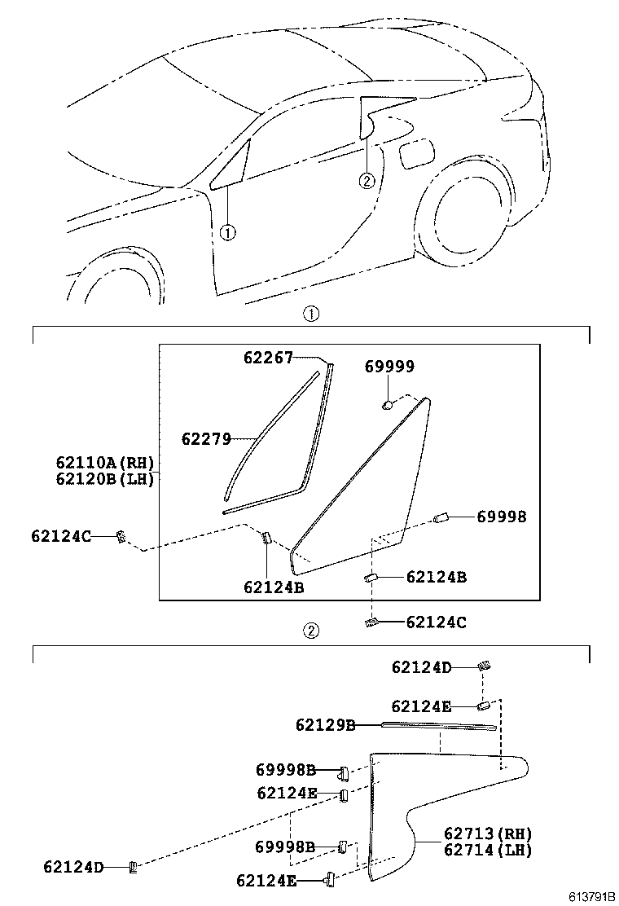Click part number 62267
(x=268, y=357)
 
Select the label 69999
(x=389, y=367)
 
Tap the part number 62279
(x=206, y=439)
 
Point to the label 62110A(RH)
(x=105, y=463)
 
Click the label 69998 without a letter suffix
(x=501, y=517)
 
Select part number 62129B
(x=325, y=724)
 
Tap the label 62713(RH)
(x=488, y=833)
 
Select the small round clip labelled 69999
(x=389, y=403)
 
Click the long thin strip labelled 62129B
(x=438, y=726)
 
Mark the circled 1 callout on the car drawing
(x=227, y=232)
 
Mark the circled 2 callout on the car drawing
(x=367, y=180)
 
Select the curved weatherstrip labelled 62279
(x=269, y=440)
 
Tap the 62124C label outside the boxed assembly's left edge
(x=60, y=535)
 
